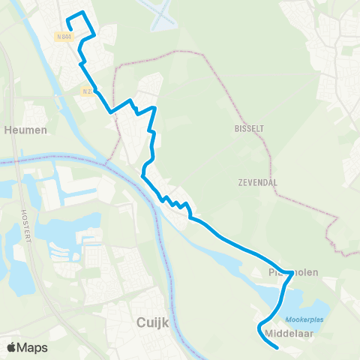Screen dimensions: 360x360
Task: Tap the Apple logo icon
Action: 12,347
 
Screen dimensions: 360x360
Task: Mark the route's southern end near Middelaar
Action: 277,347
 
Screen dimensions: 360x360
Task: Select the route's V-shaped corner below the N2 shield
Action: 112,112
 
